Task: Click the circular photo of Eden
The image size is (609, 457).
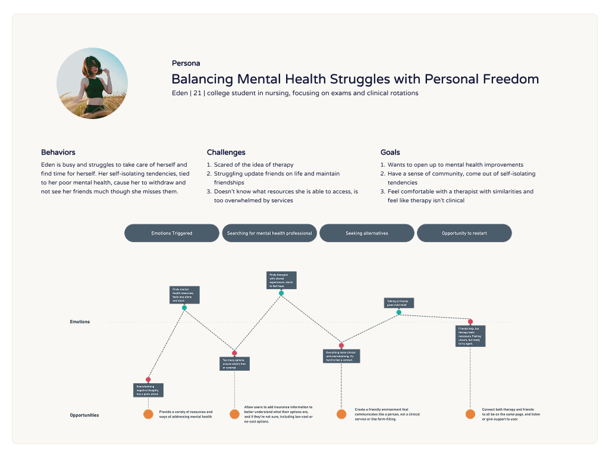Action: coord(92,83)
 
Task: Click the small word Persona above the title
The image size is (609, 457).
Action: coord(186,63)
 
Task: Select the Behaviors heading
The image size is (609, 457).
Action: coord(58,152)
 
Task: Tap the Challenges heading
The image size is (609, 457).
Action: coord(226,152)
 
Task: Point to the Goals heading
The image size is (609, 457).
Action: coord(390,152)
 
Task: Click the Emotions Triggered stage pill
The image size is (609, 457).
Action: coord(172,233)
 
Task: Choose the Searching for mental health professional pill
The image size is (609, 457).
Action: coord(269,233)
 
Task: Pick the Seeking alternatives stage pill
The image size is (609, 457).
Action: coord(367,233)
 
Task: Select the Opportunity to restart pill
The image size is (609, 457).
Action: coord(464,233)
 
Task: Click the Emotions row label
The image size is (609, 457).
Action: coord(80,322)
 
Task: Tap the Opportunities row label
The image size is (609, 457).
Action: coord(84,415)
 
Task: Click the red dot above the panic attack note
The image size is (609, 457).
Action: coord(148,380)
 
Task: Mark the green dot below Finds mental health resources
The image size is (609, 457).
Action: coord(184,308)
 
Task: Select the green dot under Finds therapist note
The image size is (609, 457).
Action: coord(281,293)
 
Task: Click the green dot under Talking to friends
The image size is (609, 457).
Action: coord(399,312)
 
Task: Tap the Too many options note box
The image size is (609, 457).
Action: coord(234,364)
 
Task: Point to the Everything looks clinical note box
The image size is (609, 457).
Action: coord(341,356)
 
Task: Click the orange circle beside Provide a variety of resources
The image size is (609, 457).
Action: coord(148,414)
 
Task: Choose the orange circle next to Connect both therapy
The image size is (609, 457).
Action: coord(470,414)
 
